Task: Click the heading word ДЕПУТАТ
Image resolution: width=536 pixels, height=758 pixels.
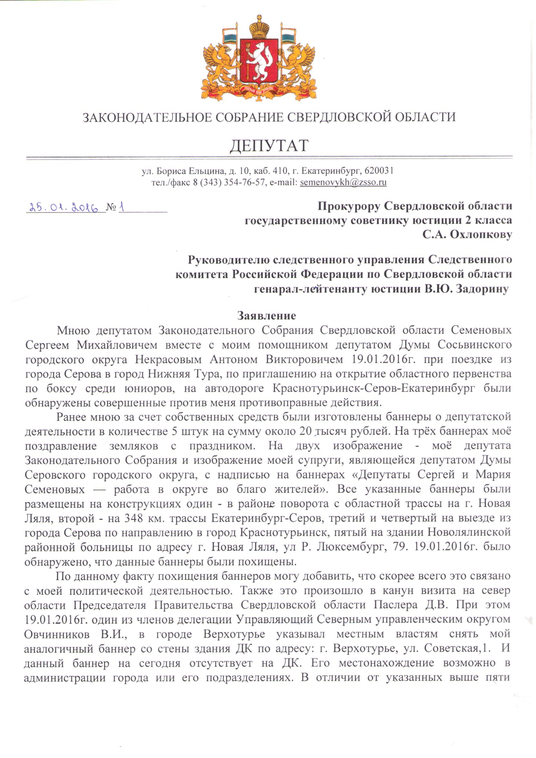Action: [269, 146]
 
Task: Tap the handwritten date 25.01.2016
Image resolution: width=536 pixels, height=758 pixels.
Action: [64, 208]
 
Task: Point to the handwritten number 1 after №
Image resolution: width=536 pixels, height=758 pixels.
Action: [122, 207]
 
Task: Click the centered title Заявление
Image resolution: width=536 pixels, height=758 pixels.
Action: [267, 316]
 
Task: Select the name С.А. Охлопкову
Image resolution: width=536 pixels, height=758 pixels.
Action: [467, 234]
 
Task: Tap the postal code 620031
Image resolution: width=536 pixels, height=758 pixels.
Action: [379, 171]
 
